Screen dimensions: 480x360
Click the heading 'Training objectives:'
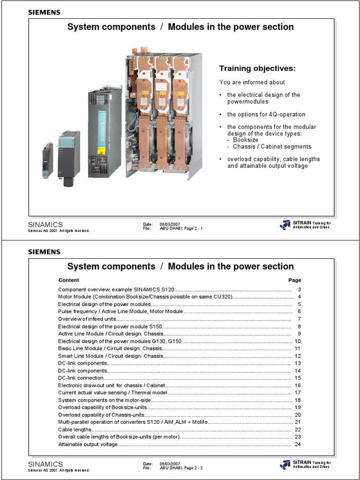point(257,68)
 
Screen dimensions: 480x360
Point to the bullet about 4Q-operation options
point(266,114)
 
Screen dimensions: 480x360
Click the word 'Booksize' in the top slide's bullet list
point(245,140)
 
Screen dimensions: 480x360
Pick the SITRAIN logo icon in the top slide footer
point(285,225)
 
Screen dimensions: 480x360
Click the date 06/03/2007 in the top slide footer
point(167,224)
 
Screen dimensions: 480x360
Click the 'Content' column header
point(68,280)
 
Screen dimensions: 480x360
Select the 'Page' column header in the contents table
point(294,280)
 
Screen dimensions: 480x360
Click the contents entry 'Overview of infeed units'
point(87,319)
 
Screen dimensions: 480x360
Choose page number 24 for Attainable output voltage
point(297,443)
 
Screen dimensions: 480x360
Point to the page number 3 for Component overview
point(299,290)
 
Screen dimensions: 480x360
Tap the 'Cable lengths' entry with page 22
point(75,429)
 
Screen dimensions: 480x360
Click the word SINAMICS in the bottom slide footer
point(45,464)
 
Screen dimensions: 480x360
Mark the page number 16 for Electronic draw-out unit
point(297,385)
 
